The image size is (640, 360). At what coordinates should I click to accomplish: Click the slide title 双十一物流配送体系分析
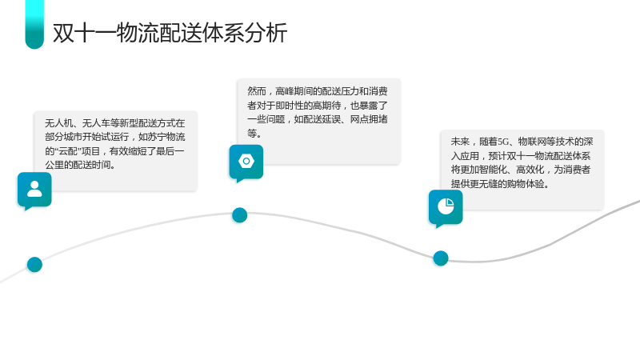coord(170,33)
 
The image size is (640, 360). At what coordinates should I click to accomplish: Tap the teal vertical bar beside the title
coord(34,25)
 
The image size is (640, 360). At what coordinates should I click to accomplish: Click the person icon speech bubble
coord(34,190)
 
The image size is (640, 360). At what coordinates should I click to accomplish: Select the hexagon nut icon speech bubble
coord(246,163)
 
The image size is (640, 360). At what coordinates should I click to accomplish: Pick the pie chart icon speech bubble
coord(446,208)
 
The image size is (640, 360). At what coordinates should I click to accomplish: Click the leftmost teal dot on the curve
coord(34,265)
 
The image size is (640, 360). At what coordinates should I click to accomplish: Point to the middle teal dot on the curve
coord(239,215)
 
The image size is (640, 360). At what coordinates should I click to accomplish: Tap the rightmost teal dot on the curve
coord(441,258)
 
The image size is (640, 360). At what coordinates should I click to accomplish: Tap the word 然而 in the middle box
coord(257,91)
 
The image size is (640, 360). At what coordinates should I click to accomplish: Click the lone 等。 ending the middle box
coord(254,133)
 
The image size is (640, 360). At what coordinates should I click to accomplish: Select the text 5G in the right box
coord(503,142)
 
